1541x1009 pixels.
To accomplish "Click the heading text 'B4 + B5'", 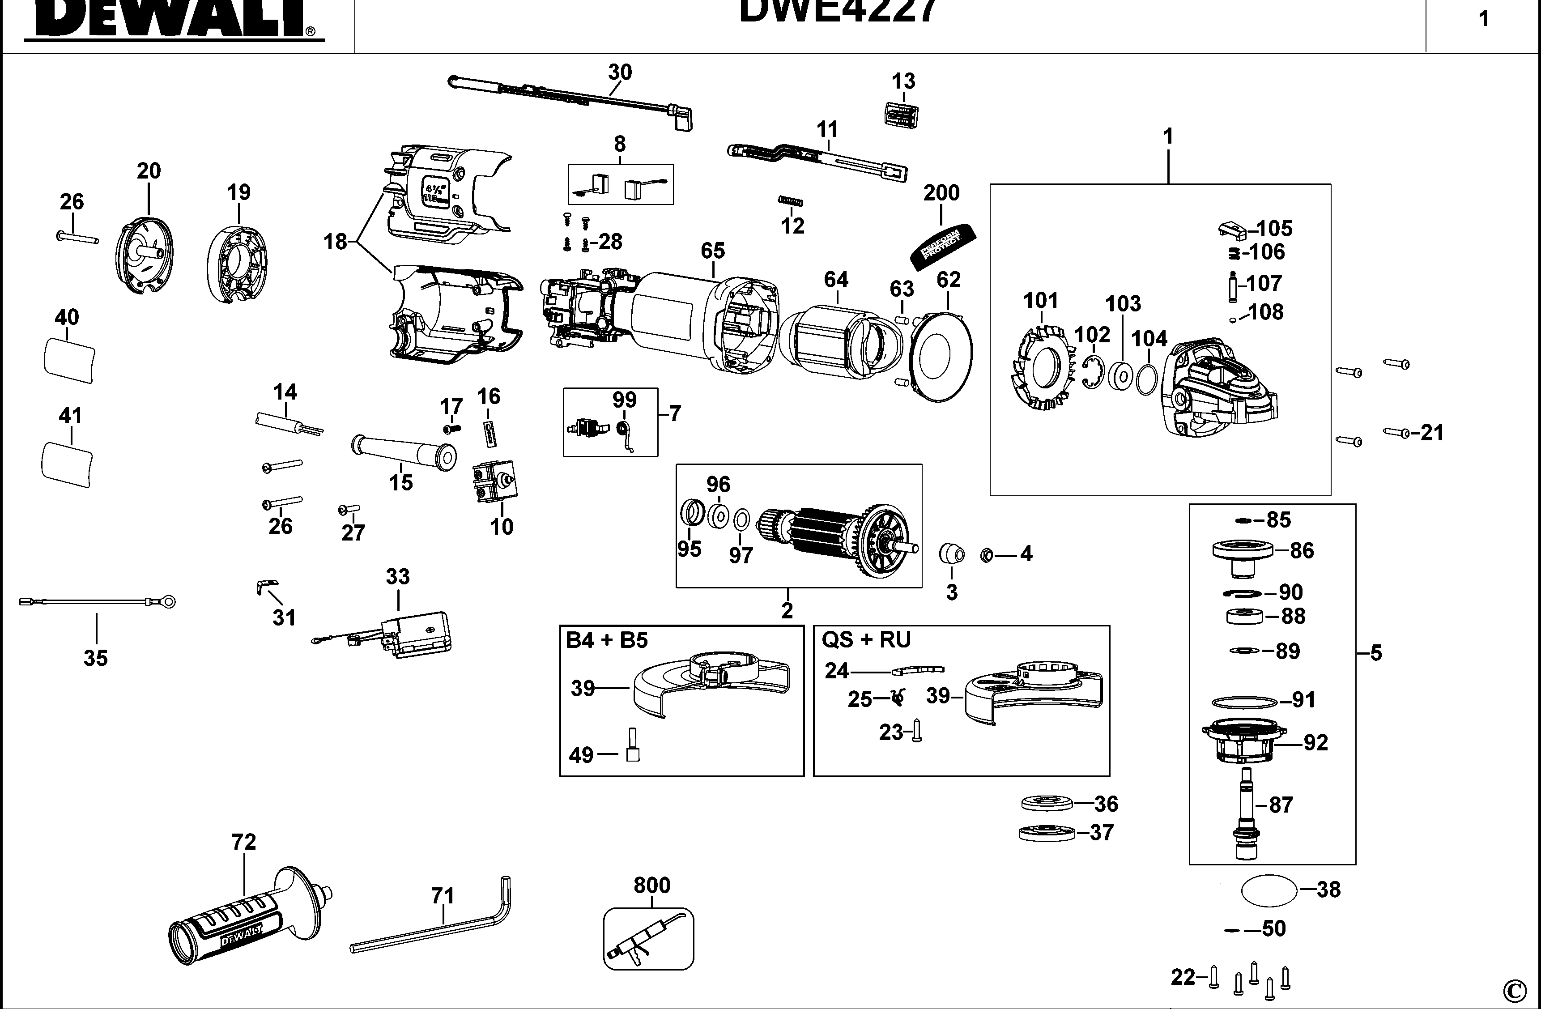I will [607, 640].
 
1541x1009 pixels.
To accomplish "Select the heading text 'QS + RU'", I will [866, 640].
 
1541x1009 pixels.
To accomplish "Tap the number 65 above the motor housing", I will [712, 251].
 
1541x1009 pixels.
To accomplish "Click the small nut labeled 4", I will [988, 555].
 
